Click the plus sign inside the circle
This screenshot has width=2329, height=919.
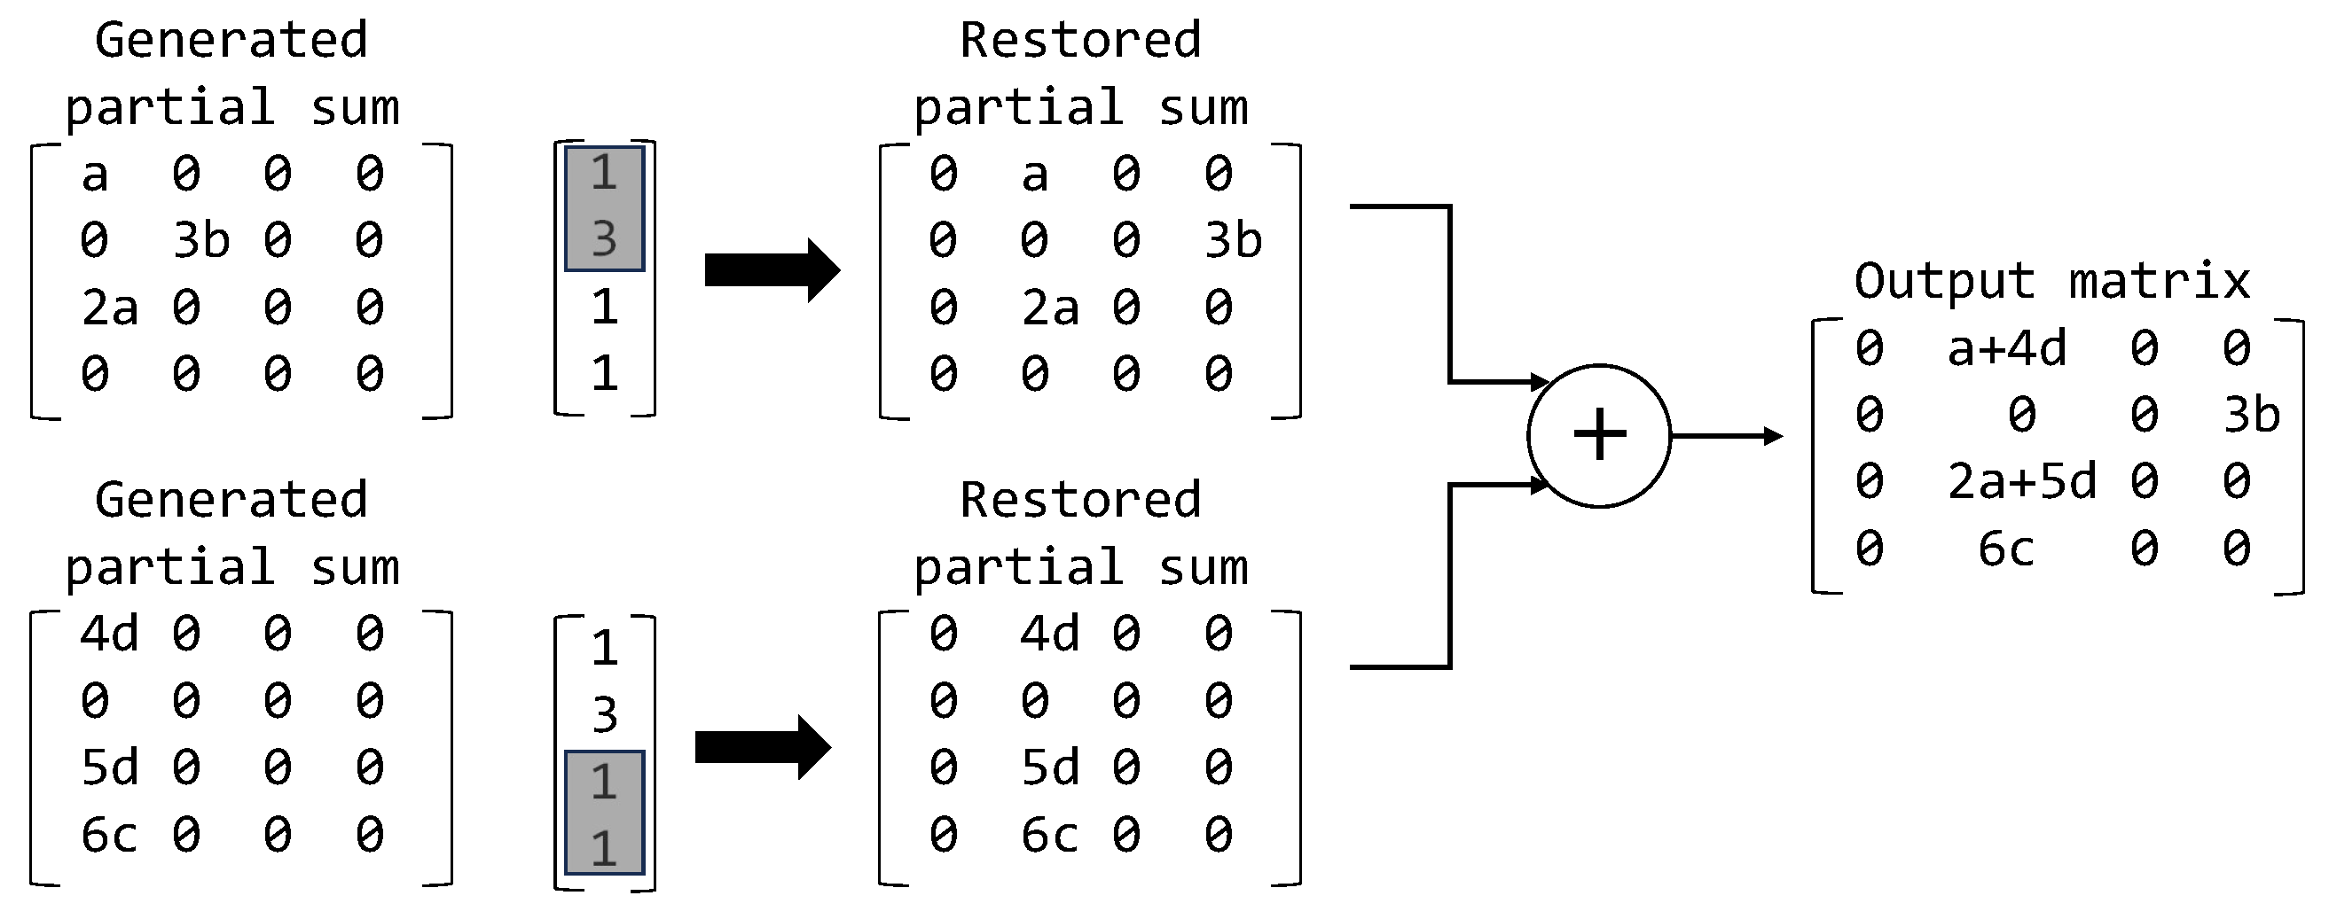pos(1599,434)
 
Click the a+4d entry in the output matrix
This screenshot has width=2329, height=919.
pos(2006,348)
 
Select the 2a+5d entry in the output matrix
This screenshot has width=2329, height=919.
pos(2020,480)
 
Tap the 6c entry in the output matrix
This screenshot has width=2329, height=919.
pos(2005,549)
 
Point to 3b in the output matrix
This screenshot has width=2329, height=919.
pos(2251,415)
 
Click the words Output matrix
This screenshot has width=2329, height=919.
pos(2051,281)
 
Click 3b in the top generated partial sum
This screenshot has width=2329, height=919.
pos(200,240)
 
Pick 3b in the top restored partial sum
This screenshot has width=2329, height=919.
pos(1232,240)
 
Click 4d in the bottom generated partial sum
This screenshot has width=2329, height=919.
pos(109,634)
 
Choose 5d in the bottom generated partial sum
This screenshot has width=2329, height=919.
pos(109,767)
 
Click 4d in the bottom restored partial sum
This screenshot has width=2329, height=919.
pos(1049,634)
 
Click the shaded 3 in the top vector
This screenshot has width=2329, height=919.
pos(604,239)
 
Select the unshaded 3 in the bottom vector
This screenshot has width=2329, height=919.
pos(604,715)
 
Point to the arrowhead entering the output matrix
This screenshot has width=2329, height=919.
pos(1773,436)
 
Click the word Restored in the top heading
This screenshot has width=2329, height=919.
pos(1079,41)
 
